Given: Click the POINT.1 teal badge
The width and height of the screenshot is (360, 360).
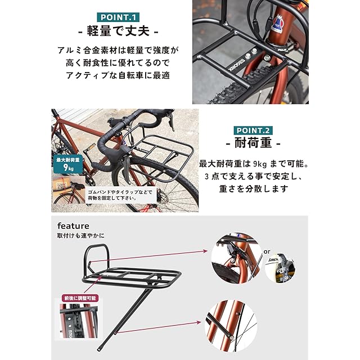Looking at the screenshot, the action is click(118, 17).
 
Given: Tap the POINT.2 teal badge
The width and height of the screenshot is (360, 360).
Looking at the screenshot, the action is click(253, 130).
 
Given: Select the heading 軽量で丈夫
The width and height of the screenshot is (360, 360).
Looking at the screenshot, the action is click(118, 31).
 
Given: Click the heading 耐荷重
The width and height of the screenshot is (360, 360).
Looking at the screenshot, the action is click(253, 143).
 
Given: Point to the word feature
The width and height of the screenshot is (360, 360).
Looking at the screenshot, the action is click(73, 226).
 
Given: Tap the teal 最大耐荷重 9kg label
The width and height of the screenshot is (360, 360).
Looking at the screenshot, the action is click(68, 164).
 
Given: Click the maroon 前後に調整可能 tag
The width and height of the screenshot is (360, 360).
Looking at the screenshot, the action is click(80, 298).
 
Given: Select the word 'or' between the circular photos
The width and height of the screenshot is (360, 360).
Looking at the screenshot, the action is click(267, 252).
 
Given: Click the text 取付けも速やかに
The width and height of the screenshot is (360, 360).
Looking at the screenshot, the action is click(80, 236).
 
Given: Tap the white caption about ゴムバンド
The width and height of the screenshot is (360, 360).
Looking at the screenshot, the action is click(121, 195).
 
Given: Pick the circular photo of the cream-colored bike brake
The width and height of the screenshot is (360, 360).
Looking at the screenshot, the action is click(280, 268).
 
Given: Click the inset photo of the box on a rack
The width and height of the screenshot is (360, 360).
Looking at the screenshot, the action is click(68, 190).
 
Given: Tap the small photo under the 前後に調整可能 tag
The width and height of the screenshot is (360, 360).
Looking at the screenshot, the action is click(79, 321).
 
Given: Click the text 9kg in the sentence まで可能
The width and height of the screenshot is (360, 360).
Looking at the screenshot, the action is click(260, 164).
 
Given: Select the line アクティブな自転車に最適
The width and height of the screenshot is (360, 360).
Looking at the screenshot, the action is click(118, 75).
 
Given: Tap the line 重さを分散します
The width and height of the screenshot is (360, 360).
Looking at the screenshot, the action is click(254, 189).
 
